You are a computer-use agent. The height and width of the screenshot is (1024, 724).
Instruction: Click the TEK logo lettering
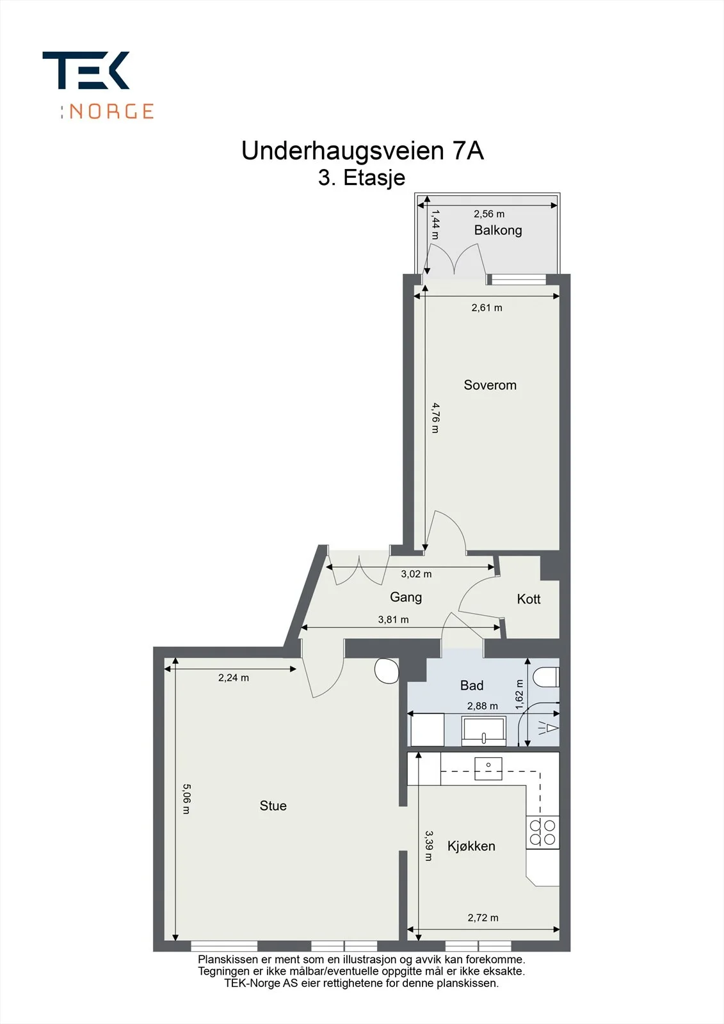[86, 70]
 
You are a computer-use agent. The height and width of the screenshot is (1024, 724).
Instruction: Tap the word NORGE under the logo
[111, 111]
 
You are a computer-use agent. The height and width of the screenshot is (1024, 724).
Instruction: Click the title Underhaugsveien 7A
[362, 150]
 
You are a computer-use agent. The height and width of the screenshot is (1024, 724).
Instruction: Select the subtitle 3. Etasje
[362, 178]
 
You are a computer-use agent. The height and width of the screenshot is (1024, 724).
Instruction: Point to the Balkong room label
[498, 230]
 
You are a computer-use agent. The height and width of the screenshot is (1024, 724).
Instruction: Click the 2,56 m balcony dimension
[489, 214]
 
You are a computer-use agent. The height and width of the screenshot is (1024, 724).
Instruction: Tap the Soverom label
[490, 385]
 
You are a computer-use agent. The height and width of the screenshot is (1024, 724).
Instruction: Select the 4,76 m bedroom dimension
[435, 417]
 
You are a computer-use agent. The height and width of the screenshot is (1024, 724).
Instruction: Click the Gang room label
[406, 597]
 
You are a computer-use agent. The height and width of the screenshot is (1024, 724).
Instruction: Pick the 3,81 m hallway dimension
[393, 620]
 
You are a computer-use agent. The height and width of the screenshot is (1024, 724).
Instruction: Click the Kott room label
[529, 599]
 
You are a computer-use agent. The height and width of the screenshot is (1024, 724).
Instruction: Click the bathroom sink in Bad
[484, 731]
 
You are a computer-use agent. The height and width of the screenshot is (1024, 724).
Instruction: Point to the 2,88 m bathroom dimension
[483, 706]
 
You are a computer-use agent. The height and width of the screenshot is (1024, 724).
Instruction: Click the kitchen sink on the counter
[488, 769]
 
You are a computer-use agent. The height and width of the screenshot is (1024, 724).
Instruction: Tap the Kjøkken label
[472, 846]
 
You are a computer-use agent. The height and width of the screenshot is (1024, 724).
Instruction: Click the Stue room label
[273, 806]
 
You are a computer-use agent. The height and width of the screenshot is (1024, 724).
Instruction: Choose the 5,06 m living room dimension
[187, 799]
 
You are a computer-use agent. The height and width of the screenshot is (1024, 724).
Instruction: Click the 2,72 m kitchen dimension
[483, 918]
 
